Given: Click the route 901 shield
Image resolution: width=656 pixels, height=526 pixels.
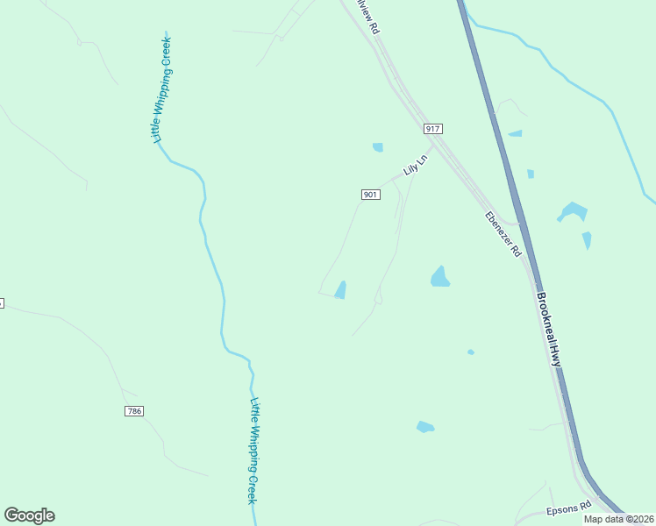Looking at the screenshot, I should click(x=369, y=194).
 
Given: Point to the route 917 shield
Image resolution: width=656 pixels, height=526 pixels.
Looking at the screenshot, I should click(x=431, y=129).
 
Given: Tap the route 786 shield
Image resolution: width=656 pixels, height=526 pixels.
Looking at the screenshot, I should click(x=133, y=410).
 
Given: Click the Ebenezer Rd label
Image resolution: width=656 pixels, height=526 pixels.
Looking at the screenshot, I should click(x=503, y=233).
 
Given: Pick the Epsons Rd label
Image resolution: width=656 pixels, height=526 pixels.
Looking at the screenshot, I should click(x=568, y=508).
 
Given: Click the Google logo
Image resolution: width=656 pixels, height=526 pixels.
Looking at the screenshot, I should click(x=30, y=515).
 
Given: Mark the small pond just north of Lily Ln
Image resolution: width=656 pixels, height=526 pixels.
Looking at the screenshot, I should click(x=378, y=147).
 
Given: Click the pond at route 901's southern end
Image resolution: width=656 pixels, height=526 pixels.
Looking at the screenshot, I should click(x=340, y=289).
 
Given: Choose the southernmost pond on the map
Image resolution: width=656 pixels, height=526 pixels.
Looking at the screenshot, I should click(x=424, y=427).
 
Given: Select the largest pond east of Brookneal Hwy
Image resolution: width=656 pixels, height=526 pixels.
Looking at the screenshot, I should click(x=572, y=211).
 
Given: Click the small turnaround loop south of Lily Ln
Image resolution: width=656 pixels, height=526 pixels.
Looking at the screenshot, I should click(x=378, y=300).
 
